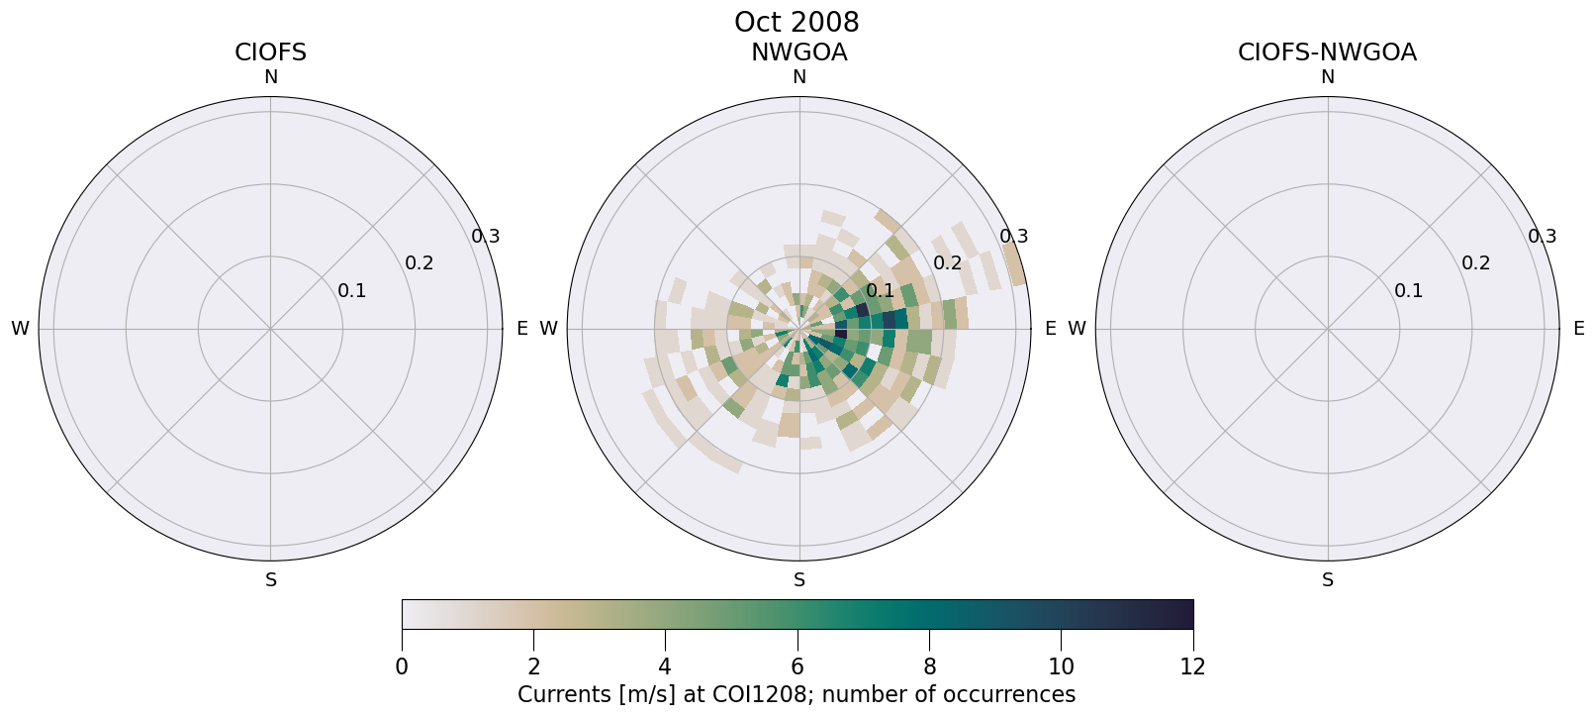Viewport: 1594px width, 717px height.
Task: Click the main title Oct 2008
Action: [797, 22]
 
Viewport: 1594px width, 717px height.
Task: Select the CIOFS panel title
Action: [270, 52]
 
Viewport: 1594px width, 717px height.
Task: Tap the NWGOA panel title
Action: [798, 52]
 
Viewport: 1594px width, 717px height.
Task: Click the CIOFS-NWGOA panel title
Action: [1327, 52]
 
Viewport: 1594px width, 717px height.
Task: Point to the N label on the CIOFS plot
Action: [271, 77]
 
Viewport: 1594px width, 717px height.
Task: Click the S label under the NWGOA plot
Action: [799, 580]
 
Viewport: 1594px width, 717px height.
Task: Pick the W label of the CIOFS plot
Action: [20, 329]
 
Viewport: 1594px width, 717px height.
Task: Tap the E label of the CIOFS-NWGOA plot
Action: [1578, 329]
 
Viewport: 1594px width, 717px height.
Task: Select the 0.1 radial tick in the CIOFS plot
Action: [351, 291]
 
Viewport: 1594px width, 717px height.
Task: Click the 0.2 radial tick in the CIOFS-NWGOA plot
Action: [1475, 263]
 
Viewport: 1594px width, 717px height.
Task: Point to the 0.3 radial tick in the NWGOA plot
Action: [1013, 237]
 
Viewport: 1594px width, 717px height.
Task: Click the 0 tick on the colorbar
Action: [402, 666]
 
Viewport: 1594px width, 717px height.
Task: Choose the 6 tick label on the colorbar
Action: [797, 666]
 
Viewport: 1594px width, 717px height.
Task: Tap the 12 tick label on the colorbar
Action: [1192, 666]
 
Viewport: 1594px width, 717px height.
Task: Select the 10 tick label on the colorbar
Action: [1061, 666]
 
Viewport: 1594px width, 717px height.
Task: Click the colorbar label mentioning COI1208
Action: [797, 694]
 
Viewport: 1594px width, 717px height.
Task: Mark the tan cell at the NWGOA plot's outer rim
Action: [1014, 264]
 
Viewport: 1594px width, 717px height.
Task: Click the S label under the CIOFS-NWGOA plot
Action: [1328, 580]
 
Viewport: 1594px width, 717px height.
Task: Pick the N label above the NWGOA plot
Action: [799, 77]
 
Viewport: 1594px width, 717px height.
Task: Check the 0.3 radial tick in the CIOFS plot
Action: [485, 237]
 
